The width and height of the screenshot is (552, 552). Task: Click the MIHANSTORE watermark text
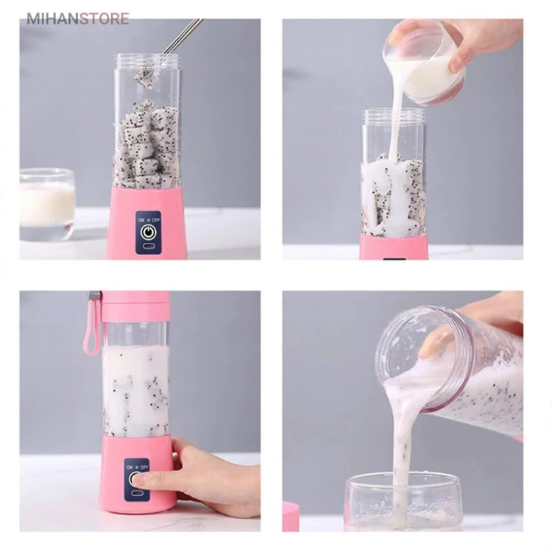coord(78,19)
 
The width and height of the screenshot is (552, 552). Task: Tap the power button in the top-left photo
coord(148,232)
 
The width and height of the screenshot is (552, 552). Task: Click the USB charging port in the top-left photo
coord(148,247)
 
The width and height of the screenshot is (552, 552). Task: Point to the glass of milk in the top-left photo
coord(47,204)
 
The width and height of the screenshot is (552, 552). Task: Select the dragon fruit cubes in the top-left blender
coord(147,144)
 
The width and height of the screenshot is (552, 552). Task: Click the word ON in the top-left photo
coord(141,220)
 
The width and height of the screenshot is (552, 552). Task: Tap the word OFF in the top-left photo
coord(156,220)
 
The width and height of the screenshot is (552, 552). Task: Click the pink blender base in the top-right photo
coord(394,247)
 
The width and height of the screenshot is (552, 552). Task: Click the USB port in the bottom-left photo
coord(136,493)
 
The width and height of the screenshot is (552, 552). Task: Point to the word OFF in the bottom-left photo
coord(144,467)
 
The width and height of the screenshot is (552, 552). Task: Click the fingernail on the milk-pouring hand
coord(456,64)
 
